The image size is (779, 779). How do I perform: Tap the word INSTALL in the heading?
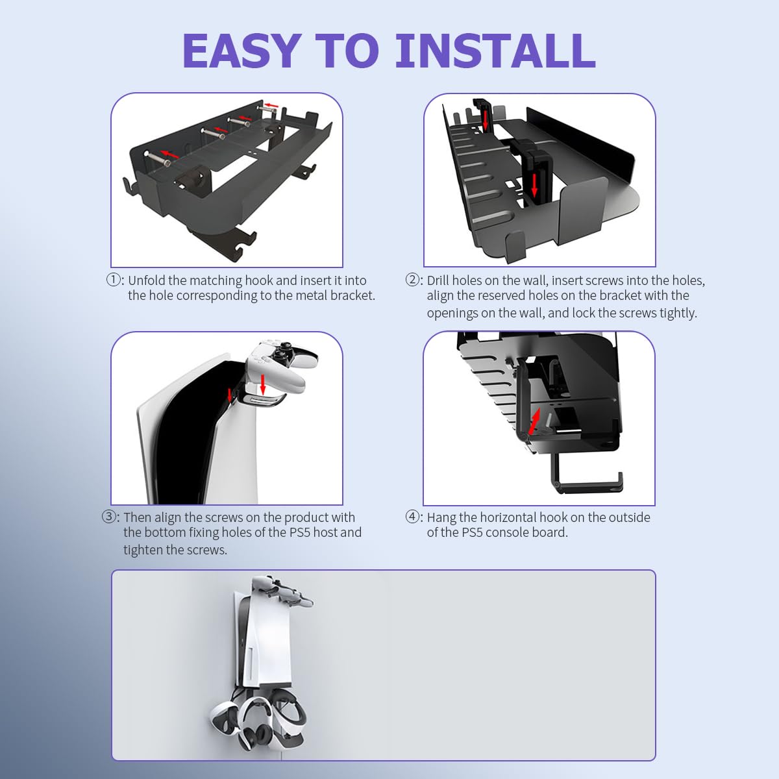tap(495, 51)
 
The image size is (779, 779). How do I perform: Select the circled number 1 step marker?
tap(114, 280)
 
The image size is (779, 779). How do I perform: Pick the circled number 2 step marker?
tap(414, 280)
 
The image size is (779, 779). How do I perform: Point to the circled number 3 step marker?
tap(110, 517)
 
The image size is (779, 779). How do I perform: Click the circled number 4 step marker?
tap(414, 517)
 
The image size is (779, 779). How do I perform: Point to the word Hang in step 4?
tap(441, 517)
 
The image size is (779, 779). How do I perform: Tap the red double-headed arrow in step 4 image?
tap(534, 421)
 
